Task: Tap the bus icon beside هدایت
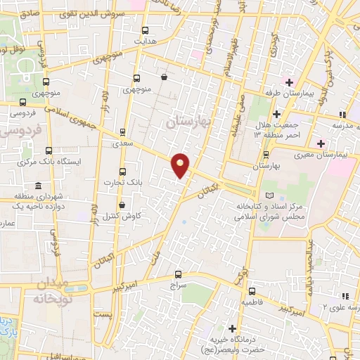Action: pyautogui.click(x=145, y=30)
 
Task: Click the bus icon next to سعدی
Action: pyautogui.click(x=123, y=131)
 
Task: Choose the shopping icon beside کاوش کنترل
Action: pyautogui.click(x=122, y=205)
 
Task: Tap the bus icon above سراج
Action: pyautogui.click(x=177, y=274)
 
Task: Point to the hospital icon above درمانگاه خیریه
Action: pyautogui.click(x=233, y=328)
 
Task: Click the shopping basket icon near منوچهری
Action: pyautogui.click(x=164, y=77)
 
